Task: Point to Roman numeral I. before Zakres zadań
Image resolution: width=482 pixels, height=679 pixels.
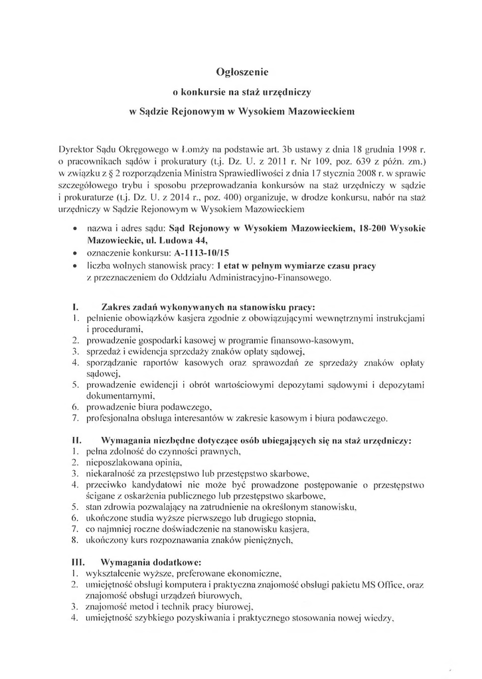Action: [76, 307]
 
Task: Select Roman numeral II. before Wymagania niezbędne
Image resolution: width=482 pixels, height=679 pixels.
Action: [77, 439]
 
